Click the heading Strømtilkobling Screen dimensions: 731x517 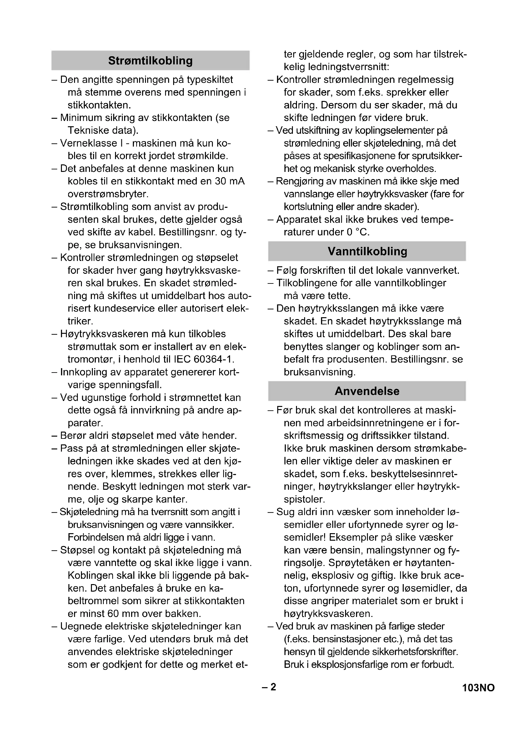coord(150,61)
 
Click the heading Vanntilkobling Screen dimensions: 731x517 coord(367,251)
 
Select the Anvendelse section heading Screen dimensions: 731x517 coord(367,391)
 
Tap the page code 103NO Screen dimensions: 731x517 coord(478,688)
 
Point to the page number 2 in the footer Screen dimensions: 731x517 coord(273,687)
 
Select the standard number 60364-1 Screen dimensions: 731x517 coord(213,359)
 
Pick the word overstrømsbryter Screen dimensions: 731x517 coord(108,194)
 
